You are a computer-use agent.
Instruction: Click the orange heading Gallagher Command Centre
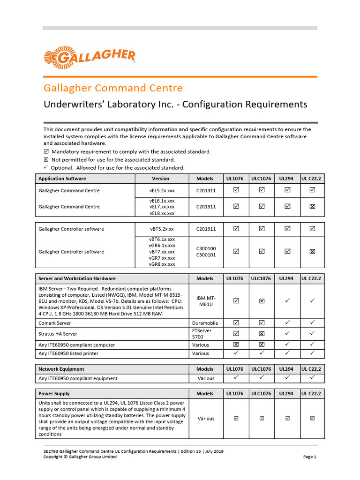[113, 88]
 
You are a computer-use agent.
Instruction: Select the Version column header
[161, 179]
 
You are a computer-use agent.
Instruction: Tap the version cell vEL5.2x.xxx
[162, 191]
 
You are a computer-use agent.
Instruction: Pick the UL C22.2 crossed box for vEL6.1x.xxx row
[312, 207]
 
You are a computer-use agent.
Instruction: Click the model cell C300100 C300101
[206, 252]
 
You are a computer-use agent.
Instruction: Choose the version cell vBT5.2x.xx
[162, 229]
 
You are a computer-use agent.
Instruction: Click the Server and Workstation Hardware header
[77, 278]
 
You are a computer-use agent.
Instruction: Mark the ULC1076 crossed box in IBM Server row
[262, 301]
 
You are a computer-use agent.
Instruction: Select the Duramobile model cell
[205, 323]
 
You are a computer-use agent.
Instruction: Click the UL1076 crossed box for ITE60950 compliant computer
[236, 345]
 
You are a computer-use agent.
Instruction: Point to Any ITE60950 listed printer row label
[68, 353]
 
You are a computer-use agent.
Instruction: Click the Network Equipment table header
[61, 369]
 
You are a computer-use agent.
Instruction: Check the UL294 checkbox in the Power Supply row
[287, 419]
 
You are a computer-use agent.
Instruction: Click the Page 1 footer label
[310, 457]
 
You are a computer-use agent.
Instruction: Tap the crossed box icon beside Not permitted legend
[46, 160]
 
